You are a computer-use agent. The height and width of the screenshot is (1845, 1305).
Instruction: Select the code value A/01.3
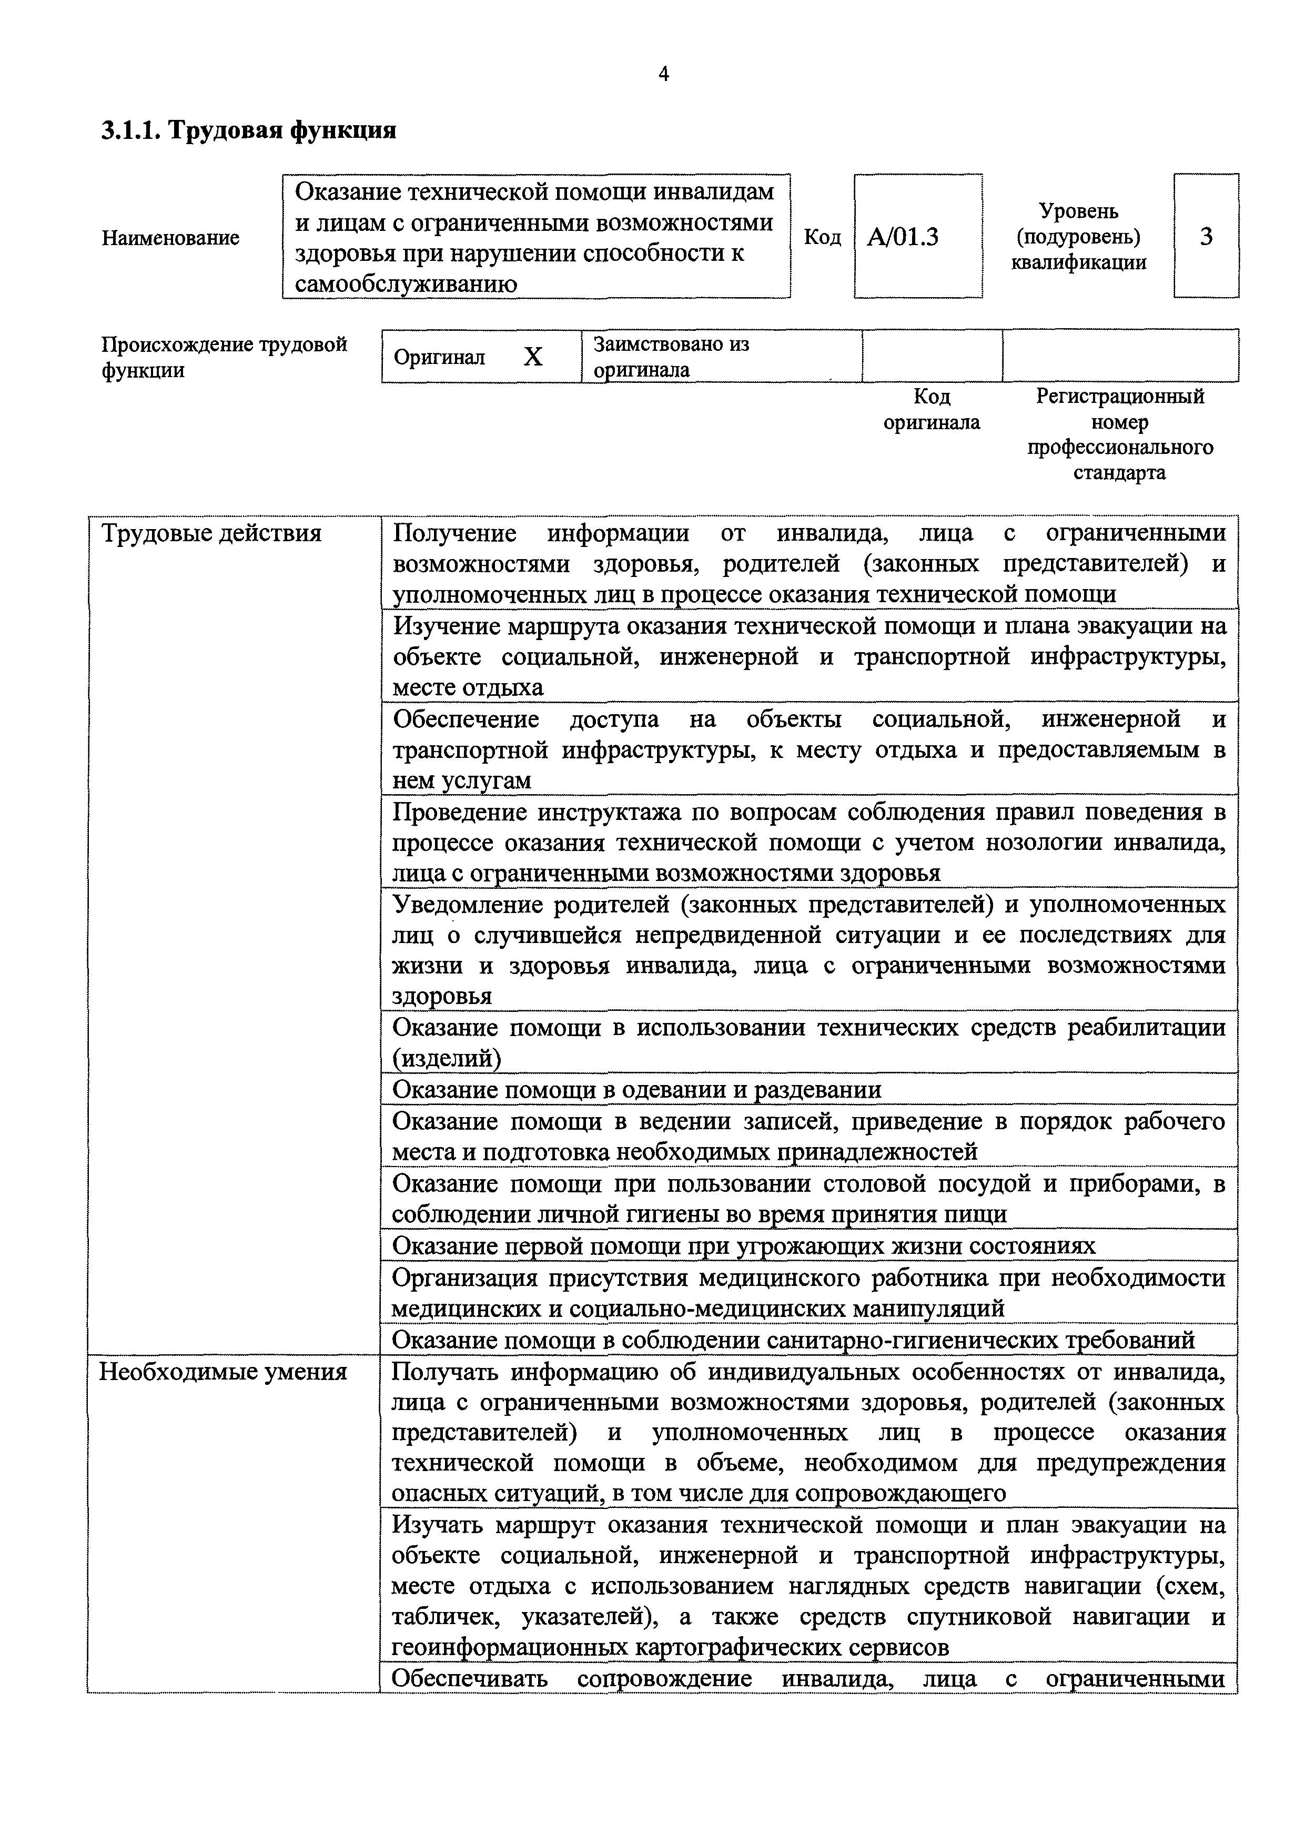(x=903, y=237)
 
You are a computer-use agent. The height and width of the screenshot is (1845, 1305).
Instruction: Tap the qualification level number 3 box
(x=1206, y=236)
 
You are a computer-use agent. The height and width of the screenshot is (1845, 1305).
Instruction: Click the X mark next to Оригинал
(x=533, y=357)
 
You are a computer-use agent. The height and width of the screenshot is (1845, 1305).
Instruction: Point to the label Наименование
(x=170, y=238)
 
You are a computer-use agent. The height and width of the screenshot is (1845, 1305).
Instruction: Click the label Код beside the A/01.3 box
(x=822, y=238)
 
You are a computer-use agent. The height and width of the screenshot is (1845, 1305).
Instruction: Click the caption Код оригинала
(x=932, y=410)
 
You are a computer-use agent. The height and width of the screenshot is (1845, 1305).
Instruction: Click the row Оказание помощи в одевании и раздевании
(x=636, y=1090)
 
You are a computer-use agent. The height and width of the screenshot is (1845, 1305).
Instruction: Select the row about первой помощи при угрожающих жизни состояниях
(x=743, y=1246)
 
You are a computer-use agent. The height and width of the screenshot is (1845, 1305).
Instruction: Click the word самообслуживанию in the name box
(x=405, y=283)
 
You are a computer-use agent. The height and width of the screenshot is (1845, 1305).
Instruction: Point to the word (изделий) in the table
(x=446, y=1059)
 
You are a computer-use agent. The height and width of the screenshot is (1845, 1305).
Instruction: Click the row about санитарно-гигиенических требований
(x=793, y=1340)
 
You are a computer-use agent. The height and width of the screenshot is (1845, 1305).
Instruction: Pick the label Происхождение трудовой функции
(x=224, y=357)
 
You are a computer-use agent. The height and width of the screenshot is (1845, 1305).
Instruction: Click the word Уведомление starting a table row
(x=466, y=905)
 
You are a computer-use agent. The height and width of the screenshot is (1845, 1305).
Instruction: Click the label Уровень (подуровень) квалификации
(x=1078, y=236)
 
